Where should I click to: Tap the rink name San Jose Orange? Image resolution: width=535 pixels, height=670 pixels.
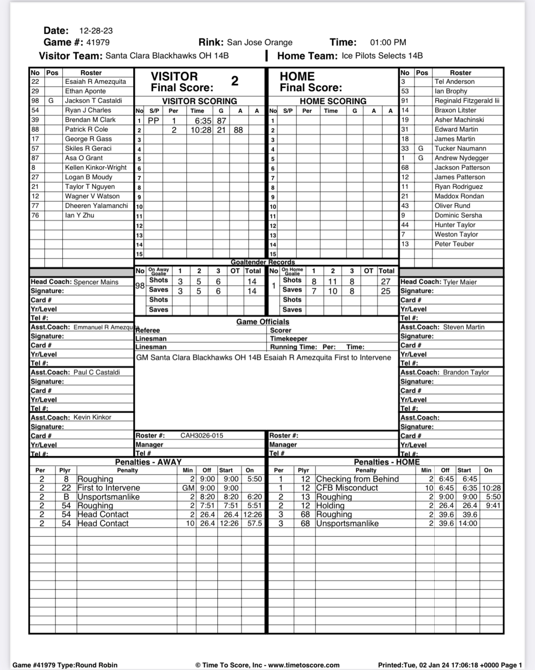[x=260, y=42]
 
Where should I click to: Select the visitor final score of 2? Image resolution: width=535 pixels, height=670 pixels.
[x=235, y=81]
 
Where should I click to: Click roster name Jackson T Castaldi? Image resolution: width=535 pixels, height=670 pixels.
[x=93, y=100]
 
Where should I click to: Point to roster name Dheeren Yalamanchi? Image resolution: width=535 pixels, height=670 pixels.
[x=96, y=205]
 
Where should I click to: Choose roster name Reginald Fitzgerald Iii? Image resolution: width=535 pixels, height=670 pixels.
[x=467, y=100]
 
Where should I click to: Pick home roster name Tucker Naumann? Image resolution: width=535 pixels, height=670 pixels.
[x=460, y=148]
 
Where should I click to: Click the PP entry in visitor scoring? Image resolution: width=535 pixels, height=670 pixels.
[x=153, y=121]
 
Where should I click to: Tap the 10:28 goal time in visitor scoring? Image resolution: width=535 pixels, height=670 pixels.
[x=201, y=130]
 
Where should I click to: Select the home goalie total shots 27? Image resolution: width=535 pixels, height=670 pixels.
[x=386, y=281]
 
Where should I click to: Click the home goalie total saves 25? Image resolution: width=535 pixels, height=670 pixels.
[x=386, y=291]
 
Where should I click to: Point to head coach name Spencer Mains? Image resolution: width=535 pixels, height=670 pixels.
[x=96, y=282]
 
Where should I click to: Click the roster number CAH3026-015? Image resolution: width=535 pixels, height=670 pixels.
[x=202, y=435]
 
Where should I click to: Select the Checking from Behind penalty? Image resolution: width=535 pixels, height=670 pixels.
[x=357, y=479]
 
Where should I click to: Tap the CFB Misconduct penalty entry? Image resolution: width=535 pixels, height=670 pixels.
[x=347, y=488]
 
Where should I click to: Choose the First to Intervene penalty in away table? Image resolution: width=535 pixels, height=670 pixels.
[x=109, y=488]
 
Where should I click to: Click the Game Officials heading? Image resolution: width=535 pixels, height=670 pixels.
[x=263, y=322]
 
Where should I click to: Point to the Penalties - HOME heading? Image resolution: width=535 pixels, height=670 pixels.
[x=387, y=462]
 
